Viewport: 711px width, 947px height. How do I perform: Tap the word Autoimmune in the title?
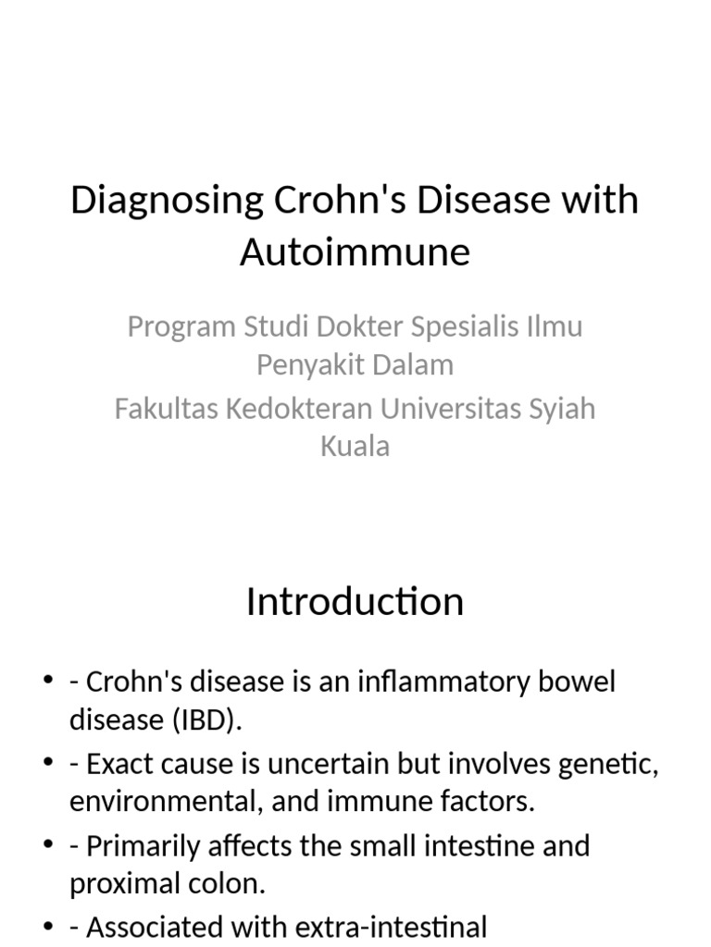coord(355,252)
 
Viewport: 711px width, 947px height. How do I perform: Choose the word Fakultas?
coord(164,409)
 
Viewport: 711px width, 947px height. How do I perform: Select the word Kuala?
coord(355,447)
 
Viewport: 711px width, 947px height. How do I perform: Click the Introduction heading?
coord(355,602)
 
